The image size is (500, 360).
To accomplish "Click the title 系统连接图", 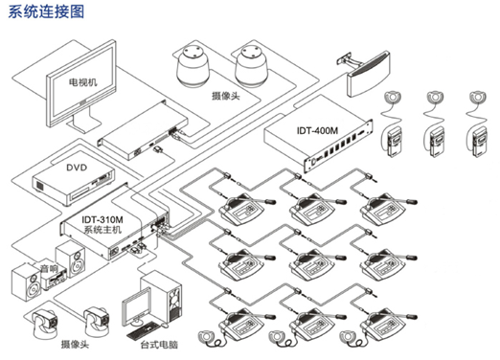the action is pos(46,11).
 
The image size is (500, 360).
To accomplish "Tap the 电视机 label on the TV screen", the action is pos(83,82).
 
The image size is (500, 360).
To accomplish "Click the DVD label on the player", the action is pos(77,168).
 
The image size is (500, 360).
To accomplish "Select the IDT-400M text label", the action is pos(317,130).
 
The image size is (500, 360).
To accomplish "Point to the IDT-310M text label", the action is pos(102,220).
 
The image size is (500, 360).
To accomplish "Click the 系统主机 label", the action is pos(102,229).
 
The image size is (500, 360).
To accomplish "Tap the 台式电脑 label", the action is pos(159,345).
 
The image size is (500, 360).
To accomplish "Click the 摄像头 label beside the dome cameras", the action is pos(226,96).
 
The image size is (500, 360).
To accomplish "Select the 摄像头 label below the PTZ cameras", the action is pos(75,345).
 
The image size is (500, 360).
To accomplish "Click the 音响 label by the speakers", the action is pos(49,269).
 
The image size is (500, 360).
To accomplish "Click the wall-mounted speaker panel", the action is pos(368,74).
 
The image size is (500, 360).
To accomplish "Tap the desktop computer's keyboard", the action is pos(144,330).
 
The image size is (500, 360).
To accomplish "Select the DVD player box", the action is pos(73,185).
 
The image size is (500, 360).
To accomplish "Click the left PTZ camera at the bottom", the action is pos(45,323).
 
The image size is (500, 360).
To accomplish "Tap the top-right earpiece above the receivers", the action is pos(477,97).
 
